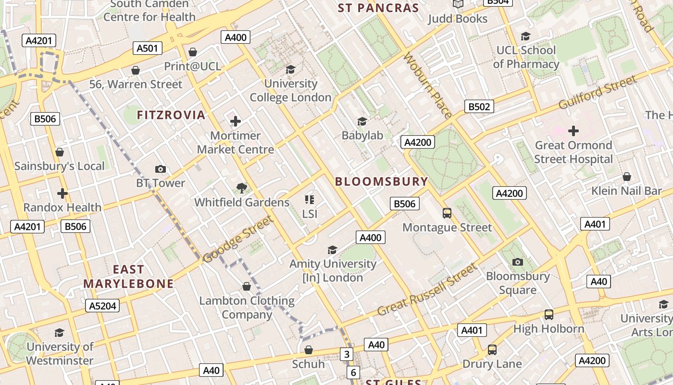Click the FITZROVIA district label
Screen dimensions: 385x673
tap(171, 115)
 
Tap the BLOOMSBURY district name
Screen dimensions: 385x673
tap(381, 181)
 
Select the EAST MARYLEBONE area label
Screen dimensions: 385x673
tap(128, 277)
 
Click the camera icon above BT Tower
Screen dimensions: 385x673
tap(161, 169)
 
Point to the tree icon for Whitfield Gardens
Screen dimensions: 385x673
tap(242, 188)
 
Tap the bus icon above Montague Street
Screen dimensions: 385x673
tap(447, 213)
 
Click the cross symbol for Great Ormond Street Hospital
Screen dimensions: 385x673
tap(573, 130)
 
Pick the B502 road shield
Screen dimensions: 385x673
tap(479, 106)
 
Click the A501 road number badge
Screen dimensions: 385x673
tap(148, 48)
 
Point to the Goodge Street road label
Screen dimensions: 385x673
tap(238, 239)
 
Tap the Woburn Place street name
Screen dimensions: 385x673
tap(428, 85)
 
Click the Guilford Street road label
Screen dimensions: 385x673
tap(598, 92)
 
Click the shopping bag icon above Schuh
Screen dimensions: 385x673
tap(309, 349)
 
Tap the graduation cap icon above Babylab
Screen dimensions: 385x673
tap(362, 121)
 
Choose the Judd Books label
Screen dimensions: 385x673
tap(457, 19)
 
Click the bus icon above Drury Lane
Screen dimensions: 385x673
tap(492, 349)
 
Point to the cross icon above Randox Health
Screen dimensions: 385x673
tap(62, 193)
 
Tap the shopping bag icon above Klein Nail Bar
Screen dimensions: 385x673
tap(626, 177)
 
